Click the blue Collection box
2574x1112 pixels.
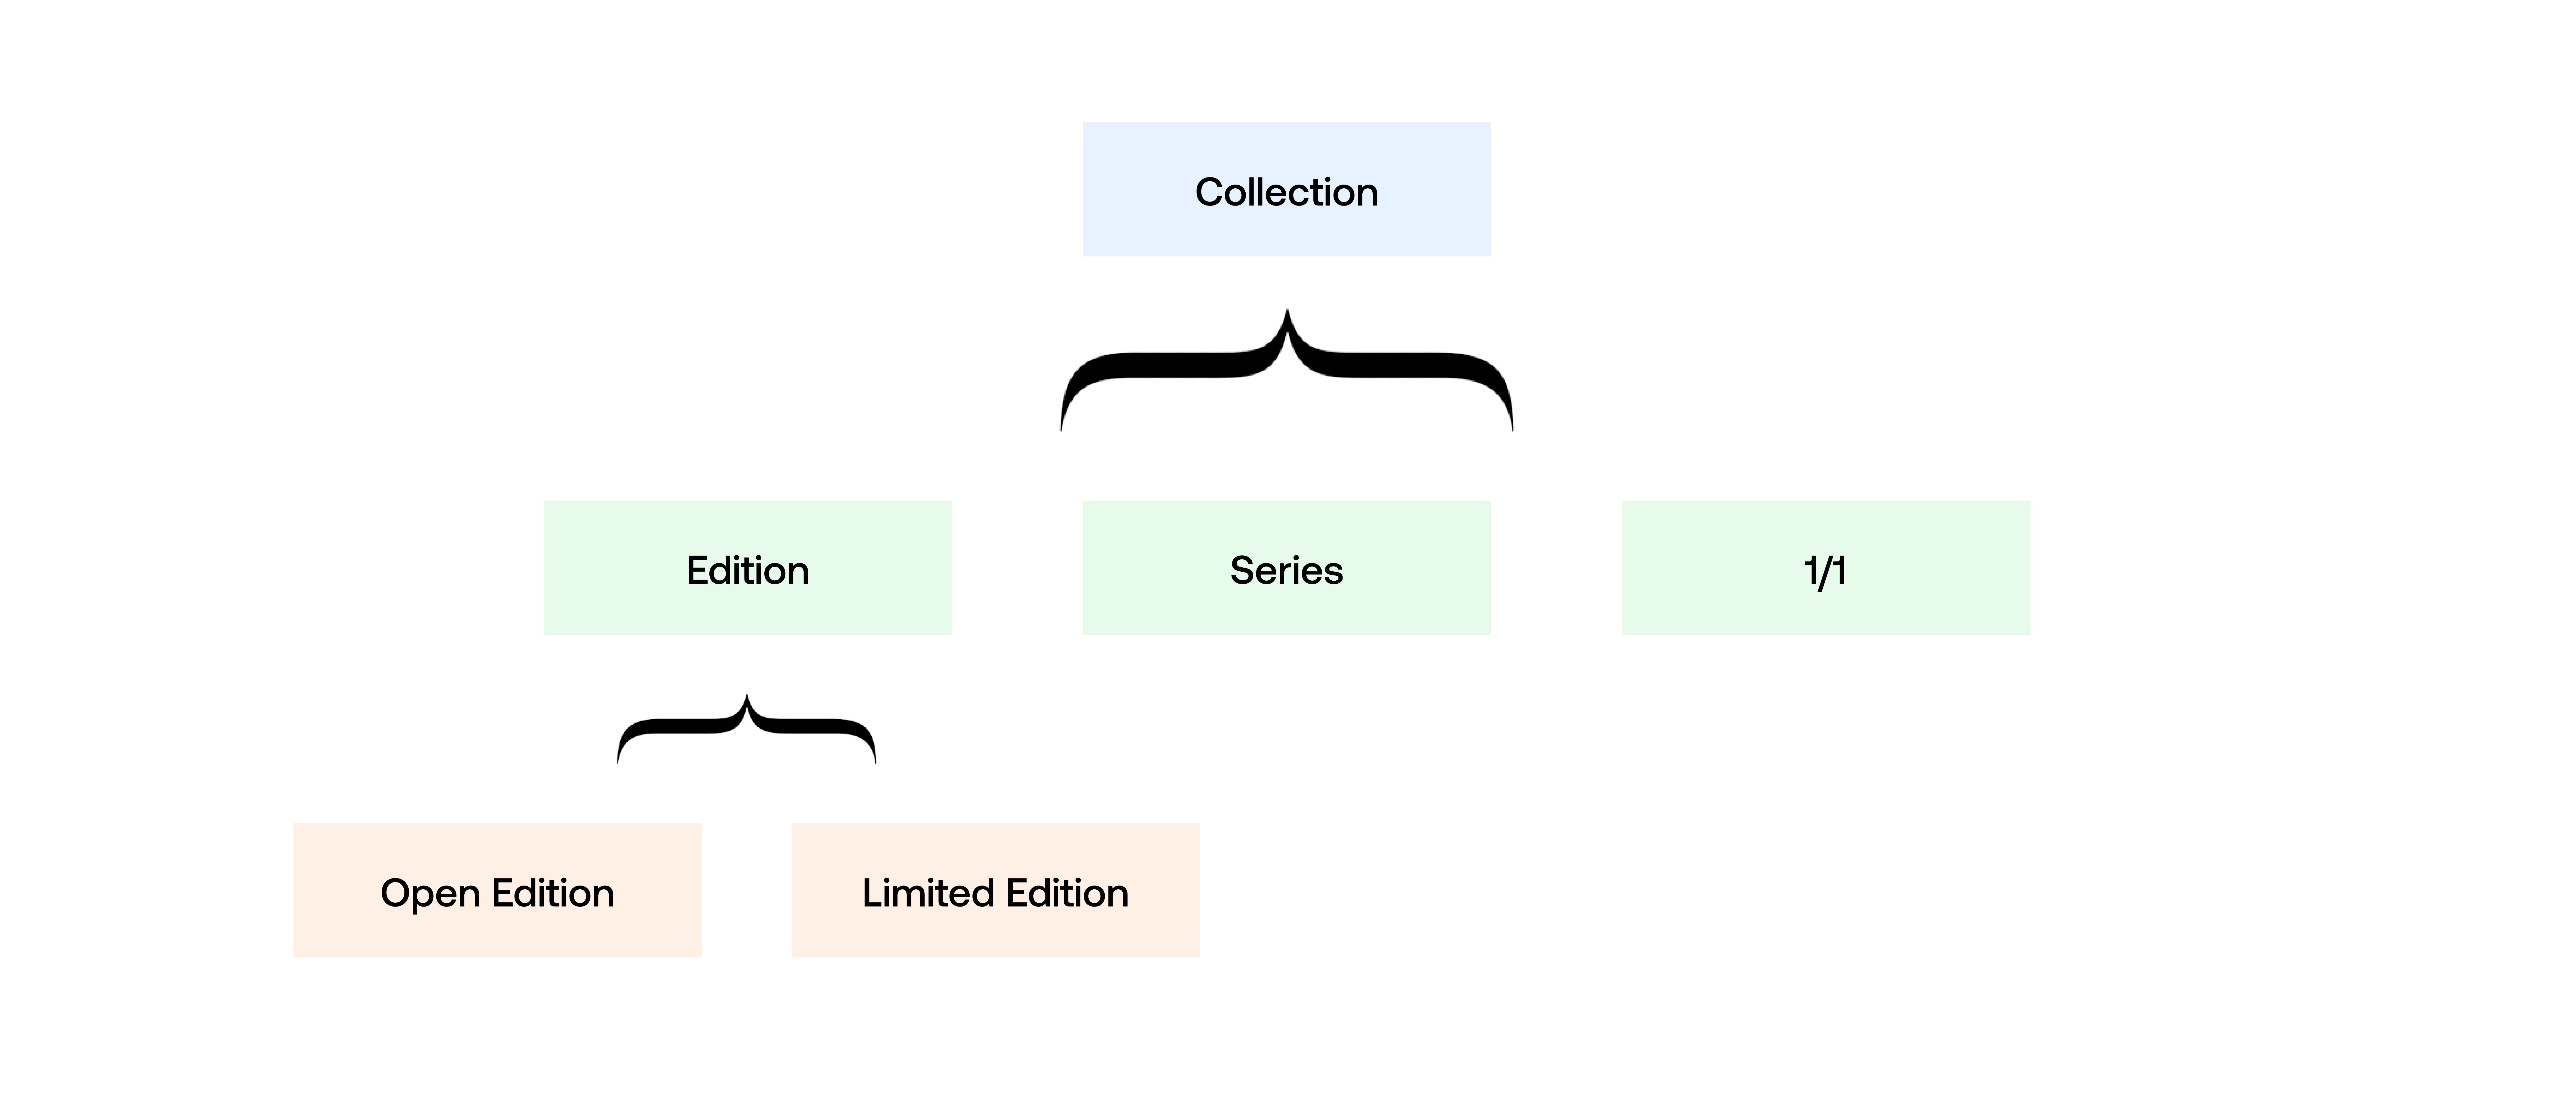1286,190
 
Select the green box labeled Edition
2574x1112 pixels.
747,568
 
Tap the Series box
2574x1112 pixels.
1286,568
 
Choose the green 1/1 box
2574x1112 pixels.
1825,568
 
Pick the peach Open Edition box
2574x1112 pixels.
497,890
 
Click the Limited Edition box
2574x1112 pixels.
995,890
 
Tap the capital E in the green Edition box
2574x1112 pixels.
697,571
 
